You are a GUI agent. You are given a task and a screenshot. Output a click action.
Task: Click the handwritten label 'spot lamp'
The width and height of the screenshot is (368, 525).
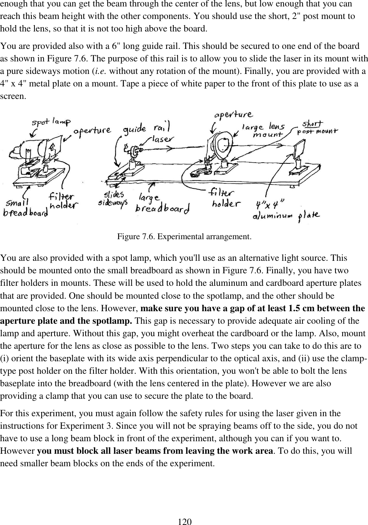51,122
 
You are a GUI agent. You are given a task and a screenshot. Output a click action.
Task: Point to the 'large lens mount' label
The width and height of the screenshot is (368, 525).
264,130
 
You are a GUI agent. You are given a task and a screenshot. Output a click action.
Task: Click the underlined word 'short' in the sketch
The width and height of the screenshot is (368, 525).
312,124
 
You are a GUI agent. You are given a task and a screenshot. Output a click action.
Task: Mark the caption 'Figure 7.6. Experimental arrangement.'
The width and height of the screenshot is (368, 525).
184,237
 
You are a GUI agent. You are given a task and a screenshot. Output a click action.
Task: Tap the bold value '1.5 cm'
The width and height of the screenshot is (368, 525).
302,308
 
